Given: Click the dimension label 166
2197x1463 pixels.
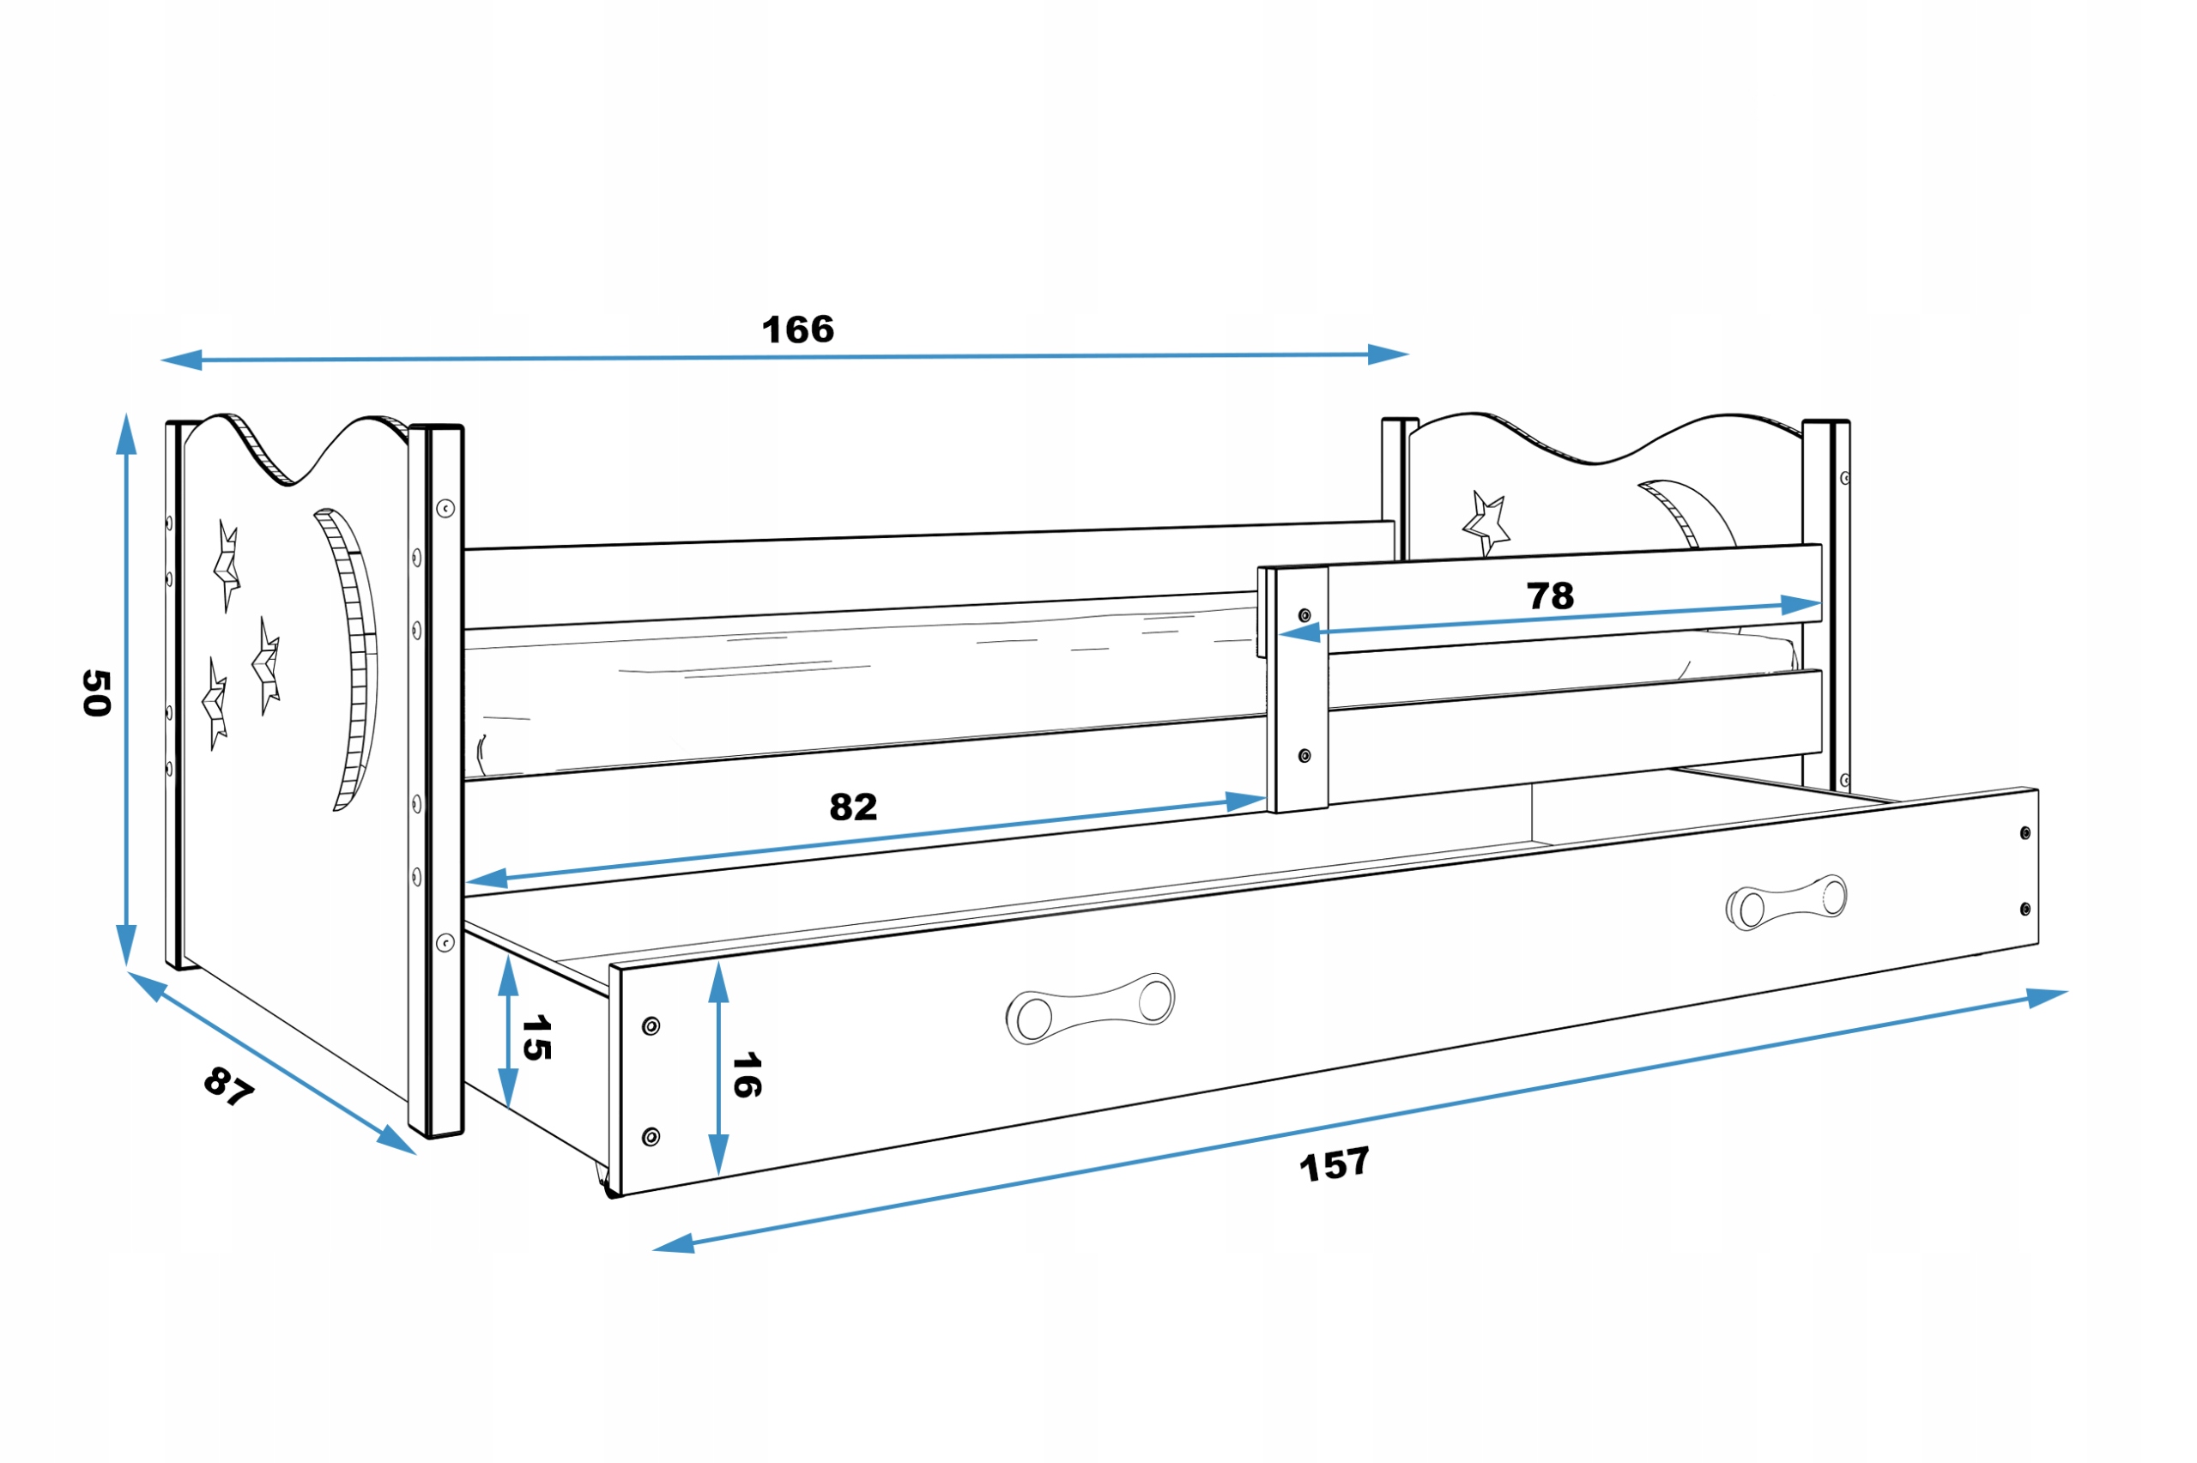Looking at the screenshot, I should click(797, 330).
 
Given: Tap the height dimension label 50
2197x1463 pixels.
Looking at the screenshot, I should click(97, 692).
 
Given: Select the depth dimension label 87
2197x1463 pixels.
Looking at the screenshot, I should click(228, 1086).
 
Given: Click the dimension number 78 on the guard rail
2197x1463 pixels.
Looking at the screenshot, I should click(1550, 595).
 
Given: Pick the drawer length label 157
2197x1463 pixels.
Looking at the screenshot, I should click(1334, 1164).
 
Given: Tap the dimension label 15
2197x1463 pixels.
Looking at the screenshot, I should click(536, 1038).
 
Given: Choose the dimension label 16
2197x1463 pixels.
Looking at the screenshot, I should click(747, 1075).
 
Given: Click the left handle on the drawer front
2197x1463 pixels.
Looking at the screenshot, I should click(1090, 1007).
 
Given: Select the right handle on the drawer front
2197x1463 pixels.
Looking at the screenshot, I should click(1786, 902).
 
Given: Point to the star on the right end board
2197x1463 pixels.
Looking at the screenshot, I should click(1486, 524).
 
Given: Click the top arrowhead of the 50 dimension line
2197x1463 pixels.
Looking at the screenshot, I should click(126, 434).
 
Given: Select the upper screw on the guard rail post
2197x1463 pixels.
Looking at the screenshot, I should click(1304, 616).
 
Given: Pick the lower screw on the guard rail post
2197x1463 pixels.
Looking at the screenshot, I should click(1304, 756).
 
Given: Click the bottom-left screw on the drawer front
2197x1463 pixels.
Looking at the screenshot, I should click(651, 1136).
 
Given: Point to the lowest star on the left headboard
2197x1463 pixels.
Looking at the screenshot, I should click(215, 702).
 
